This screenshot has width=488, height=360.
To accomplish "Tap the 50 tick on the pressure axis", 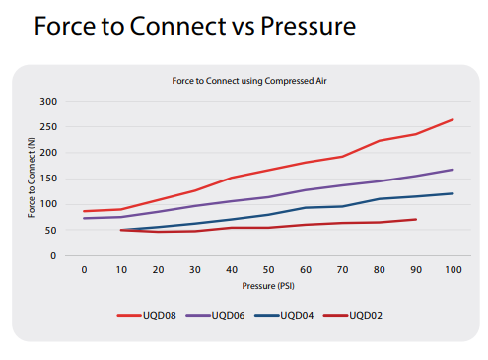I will pos(268,269).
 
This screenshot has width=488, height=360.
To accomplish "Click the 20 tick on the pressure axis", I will pos(158,269).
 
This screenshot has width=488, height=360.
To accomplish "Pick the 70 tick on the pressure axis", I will pos(342,269).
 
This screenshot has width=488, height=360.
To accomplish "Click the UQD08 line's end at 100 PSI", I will pos(453,119).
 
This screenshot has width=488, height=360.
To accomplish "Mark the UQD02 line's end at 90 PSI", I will pos(416,219).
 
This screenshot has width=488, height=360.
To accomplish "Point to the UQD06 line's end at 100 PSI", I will pos(453,170).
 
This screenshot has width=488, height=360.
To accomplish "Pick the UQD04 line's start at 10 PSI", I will pos(121,230).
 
